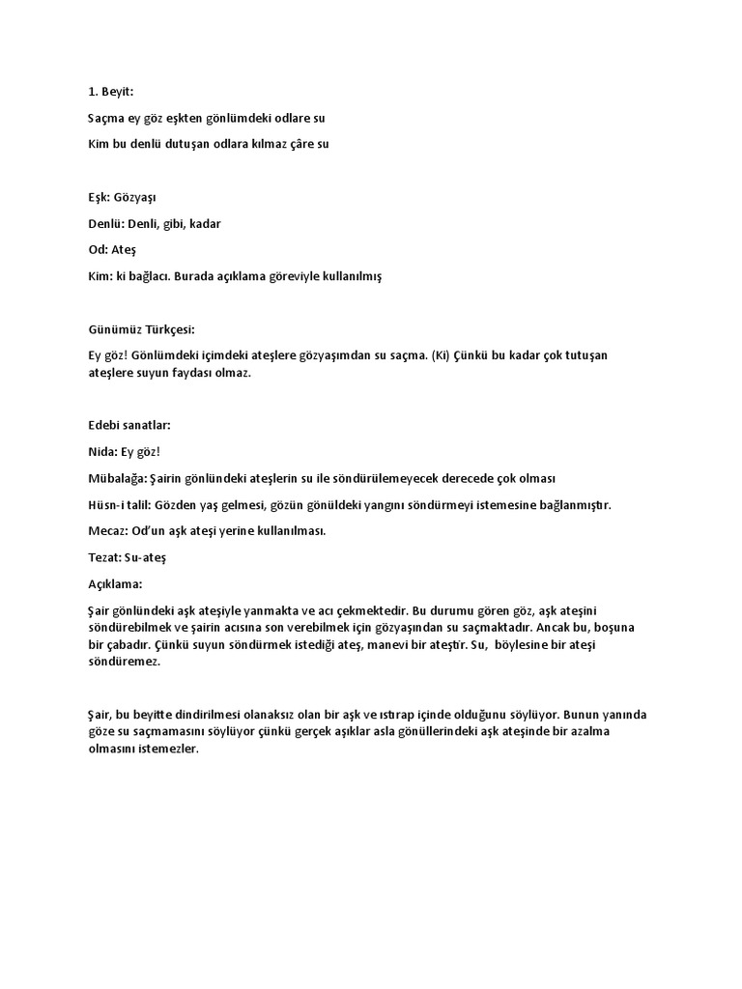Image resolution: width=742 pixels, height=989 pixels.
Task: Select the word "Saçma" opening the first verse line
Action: point(95,118)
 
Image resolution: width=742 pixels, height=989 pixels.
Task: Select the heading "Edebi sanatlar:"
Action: point(123,425)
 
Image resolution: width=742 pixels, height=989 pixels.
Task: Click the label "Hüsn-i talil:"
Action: point(112,505)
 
